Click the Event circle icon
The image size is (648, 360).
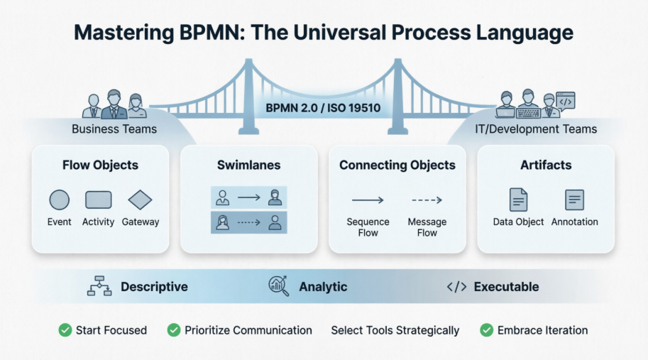point(59,200)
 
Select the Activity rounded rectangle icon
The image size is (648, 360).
point(98,200)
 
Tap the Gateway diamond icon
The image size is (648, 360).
point(140,200)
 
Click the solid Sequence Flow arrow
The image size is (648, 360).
point(368,200)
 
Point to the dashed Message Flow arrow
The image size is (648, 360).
point(427,200)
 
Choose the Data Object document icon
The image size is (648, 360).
point(518,200)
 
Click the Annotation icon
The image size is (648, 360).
point(574,200)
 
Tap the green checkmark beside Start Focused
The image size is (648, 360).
point(65,330)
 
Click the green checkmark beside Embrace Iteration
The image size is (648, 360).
point(486,330)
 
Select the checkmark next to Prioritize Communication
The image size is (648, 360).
point(173,330)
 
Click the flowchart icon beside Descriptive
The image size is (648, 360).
point(99,286)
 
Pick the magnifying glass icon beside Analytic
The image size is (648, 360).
point(278,285)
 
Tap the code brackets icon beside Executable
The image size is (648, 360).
point(456,287)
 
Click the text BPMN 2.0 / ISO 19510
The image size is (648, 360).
point(323,109)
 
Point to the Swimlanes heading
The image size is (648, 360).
point(248,165)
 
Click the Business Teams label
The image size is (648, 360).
point(114,129)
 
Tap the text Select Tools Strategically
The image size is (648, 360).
point(395,330)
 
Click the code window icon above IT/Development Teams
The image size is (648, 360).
point(566,101)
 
